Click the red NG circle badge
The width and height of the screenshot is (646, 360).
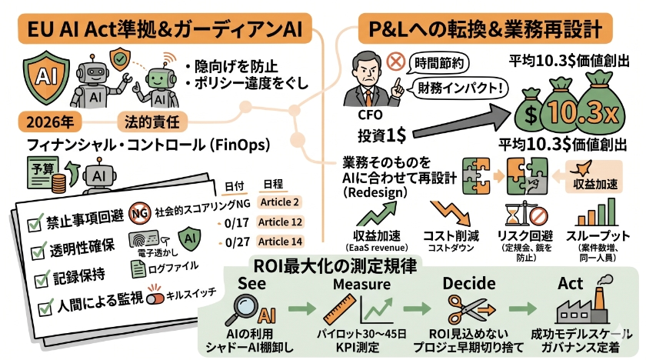141,210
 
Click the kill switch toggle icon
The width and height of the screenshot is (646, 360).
155,296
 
